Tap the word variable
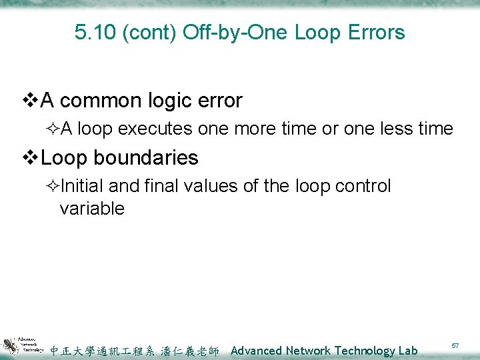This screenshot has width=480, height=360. pos(91,209)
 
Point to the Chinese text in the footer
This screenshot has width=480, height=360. pos(135,351)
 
